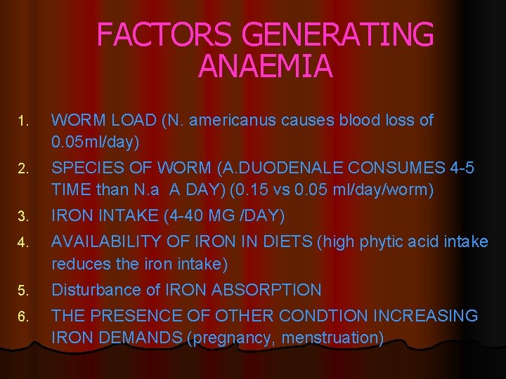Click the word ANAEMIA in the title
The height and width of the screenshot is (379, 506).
pyautogui.click(x=265, y=67)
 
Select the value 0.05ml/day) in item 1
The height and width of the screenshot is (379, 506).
pyautogui.click(x=96, y=142)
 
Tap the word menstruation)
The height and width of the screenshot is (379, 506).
pyautogui.click(x=332, y=338)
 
